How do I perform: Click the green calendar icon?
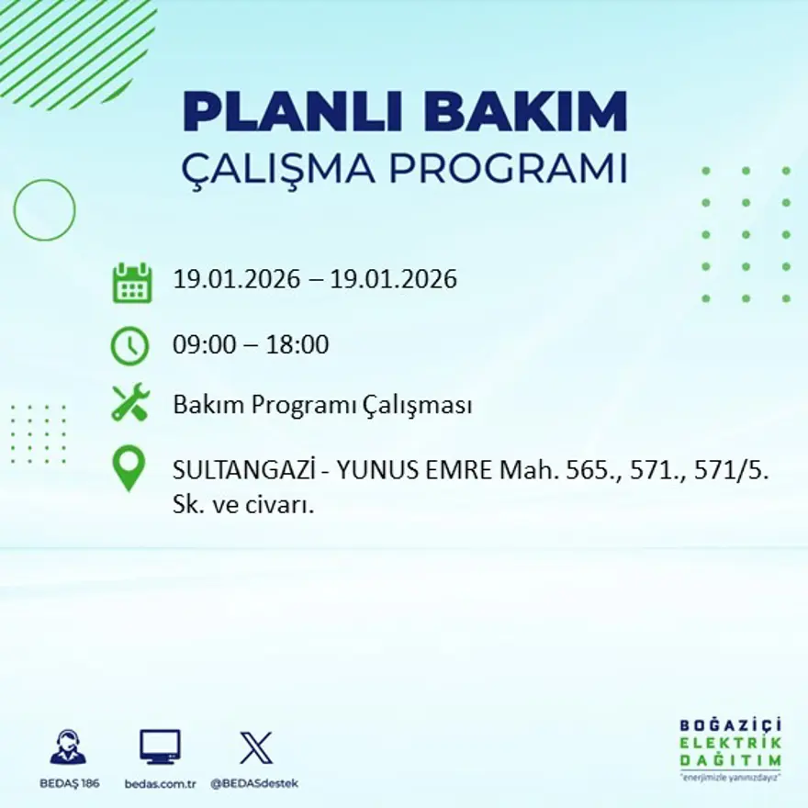(131, 283)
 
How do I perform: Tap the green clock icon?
(129, 345)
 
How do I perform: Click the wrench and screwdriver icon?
(129, 404)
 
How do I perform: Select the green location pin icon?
(129, 466)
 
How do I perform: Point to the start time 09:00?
(200, 345)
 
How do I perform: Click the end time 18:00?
(297, 345)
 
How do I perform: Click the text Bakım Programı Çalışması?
(322, 405)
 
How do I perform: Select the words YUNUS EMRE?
(414, 471)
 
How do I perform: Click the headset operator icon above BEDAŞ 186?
(68, 746)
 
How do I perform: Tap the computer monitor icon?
(160, 746)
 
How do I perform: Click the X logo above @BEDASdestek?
(255, 747)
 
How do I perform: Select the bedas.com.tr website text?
(161, 783)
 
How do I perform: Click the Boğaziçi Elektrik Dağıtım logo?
(731, 746)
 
